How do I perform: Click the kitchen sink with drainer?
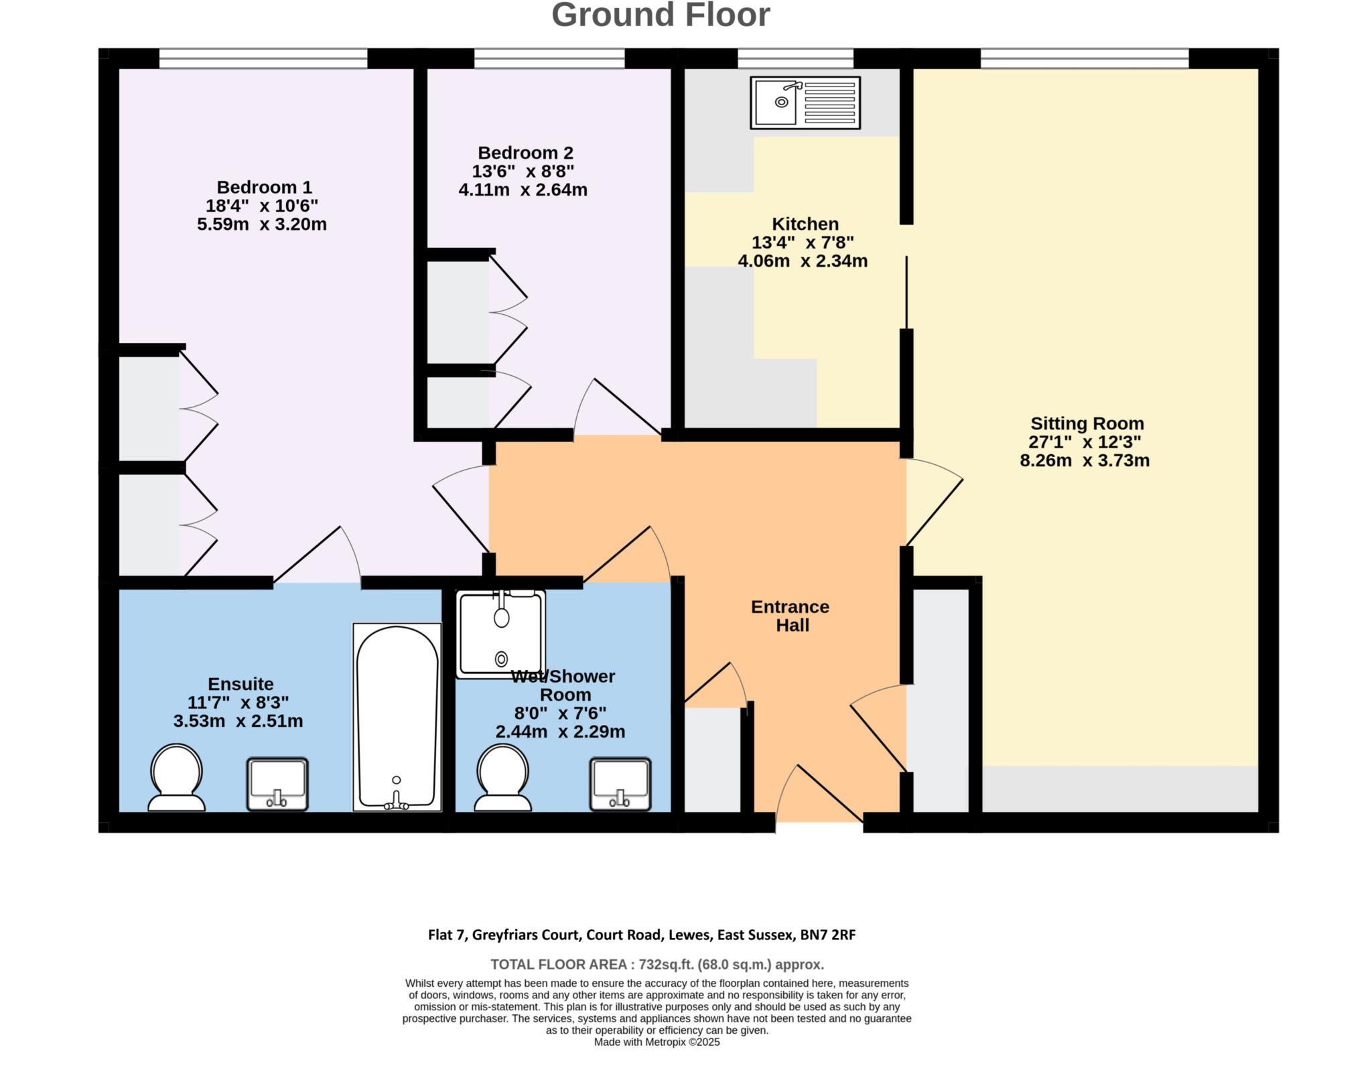(x=805, y=103)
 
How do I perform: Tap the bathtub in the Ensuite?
(x=397, y=717)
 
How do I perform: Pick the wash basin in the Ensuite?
(x=277, y=784)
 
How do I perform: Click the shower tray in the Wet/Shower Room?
(x=500, y=633)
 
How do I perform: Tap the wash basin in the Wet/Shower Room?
(x=620, y=784)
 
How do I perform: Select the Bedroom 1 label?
(x=264, y=187)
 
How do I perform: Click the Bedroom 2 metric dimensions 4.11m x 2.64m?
(x=523, y=190)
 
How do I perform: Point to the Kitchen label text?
(x=805, y=224)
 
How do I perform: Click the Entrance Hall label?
(x=791, y=616)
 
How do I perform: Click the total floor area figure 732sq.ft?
(x=666, y=965)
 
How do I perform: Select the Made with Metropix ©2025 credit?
(x=657, y=1042)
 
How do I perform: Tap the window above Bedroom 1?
(x=263, y=58)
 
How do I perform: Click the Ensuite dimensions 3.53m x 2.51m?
(x=238, y=722)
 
